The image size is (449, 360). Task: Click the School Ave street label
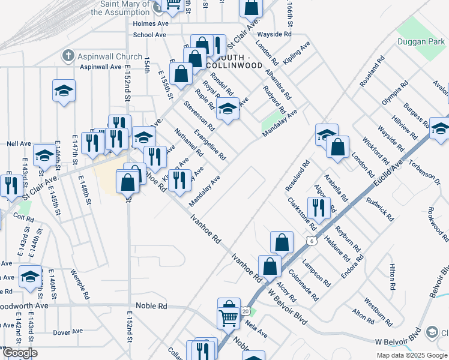(x=149, y=35)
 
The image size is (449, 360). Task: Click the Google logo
(x=19, y=353)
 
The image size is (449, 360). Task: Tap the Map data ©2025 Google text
(x=411, y=355)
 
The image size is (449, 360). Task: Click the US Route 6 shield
(x=310, y=241)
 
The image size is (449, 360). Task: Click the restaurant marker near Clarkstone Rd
(x=319, y=207)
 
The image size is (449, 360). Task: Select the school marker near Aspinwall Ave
(x=64, y=91)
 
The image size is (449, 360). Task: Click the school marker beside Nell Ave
(x=44, y=156)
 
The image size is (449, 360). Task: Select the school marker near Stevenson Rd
(x=228, y=109)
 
